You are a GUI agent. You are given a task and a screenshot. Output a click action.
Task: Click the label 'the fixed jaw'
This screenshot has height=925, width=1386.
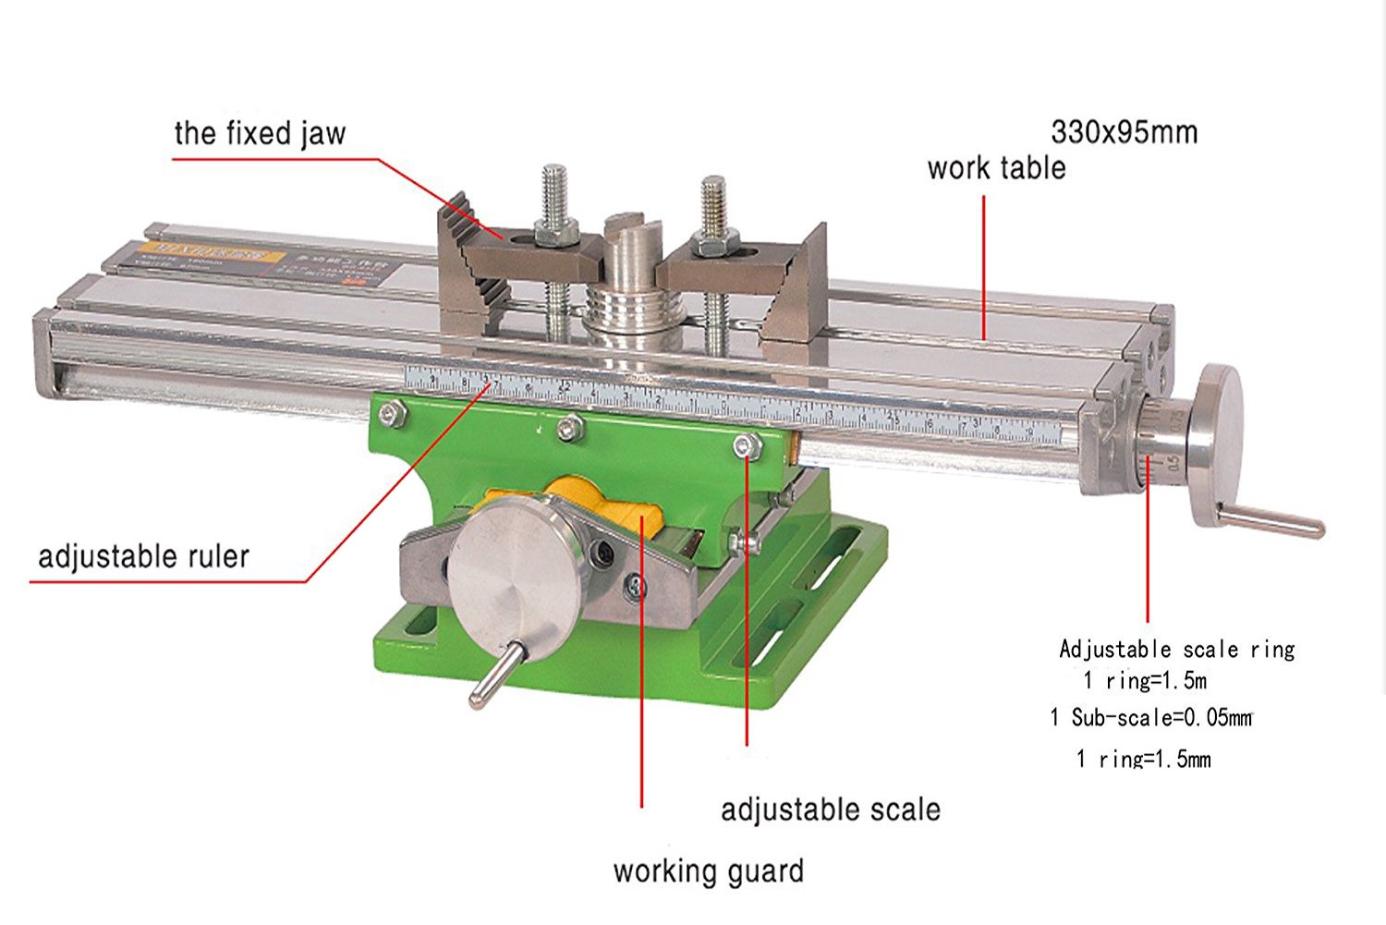tap(260, 133)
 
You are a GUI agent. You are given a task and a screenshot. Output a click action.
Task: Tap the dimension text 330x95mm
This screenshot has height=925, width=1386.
tap(1124, 132)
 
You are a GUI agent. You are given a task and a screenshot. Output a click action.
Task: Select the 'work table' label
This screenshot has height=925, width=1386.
tap(996, 168)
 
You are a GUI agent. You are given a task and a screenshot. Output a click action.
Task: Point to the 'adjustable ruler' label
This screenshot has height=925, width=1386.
tap(143, 556)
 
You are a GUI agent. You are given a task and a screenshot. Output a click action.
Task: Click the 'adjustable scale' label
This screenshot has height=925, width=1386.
tap(830, 809)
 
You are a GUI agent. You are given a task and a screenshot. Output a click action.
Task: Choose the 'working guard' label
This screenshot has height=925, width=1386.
tap(708, 871)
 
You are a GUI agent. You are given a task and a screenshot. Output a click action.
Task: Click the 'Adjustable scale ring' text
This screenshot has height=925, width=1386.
tap(1176, 649)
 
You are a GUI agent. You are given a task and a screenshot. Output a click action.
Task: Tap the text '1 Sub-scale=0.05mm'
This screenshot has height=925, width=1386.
tap(1150, 717)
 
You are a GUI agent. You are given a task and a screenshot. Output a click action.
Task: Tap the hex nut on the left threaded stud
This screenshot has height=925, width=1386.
tap(553, 235)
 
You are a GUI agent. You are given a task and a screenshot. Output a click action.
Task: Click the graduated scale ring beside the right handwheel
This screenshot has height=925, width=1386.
tap(1155, 444)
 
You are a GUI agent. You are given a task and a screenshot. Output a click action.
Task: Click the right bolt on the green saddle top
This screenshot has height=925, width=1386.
tap(747, 447)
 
